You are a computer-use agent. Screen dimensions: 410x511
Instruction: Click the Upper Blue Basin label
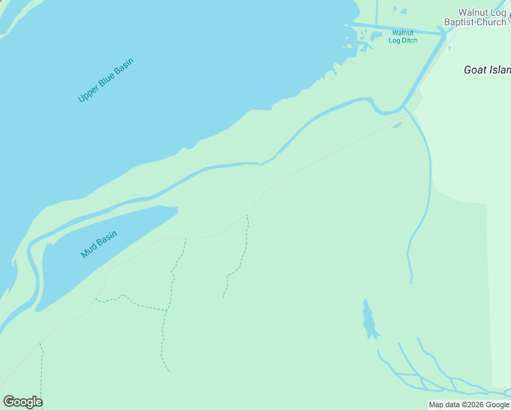pos(106,81)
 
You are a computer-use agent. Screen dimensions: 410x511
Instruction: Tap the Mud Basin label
pos(99,244)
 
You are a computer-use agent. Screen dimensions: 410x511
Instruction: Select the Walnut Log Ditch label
pos(402,36)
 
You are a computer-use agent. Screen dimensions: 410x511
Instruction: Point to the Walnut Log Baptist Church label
pos(475,17)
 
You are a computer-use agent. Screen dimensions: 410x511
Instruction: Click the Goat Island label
pos(486,70)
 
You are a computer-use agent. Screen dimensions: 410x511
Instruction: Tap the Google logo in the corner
pos(23,402)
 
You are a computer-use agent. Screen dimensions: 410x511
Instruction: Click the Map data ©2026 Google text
pos(469,405)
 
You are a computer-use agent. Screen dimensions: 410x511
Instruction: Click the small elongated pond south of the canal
pos(370,320)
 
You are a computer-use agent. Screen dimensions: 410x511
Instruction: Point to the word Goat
pos(475,70)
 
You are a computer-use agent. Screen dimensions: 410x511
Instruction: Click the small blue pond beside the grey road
pos(397,125)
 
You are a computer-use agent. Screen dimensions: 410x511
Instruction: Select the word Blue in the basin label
pos(106,81)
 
